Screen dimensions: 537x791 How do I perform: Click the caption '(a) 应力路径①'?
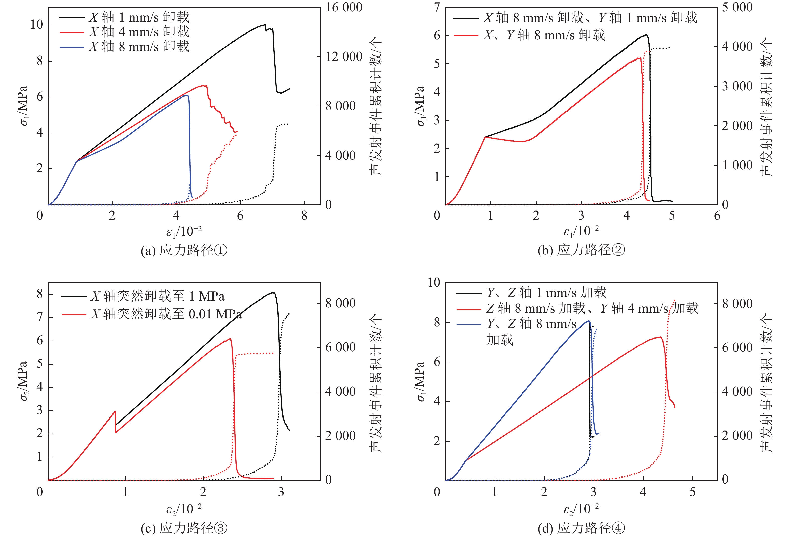coord(184,251)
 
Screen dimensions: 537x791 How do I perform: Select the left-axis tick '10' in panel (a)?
coord(37,25)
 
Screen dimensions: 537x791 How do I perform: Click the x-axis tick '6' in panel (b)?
coord(717,215)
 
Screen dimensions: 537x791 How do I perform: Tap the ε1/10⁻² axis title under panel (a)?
coord(184,232)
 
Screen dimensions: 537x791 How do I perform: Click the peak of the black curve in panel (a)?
coord(264,25)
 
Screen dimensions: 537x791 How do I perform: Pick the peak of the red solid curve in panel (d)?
coord(660,337)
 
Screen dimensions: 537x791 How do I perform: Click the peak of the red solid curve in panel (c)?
coord(230,339)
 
